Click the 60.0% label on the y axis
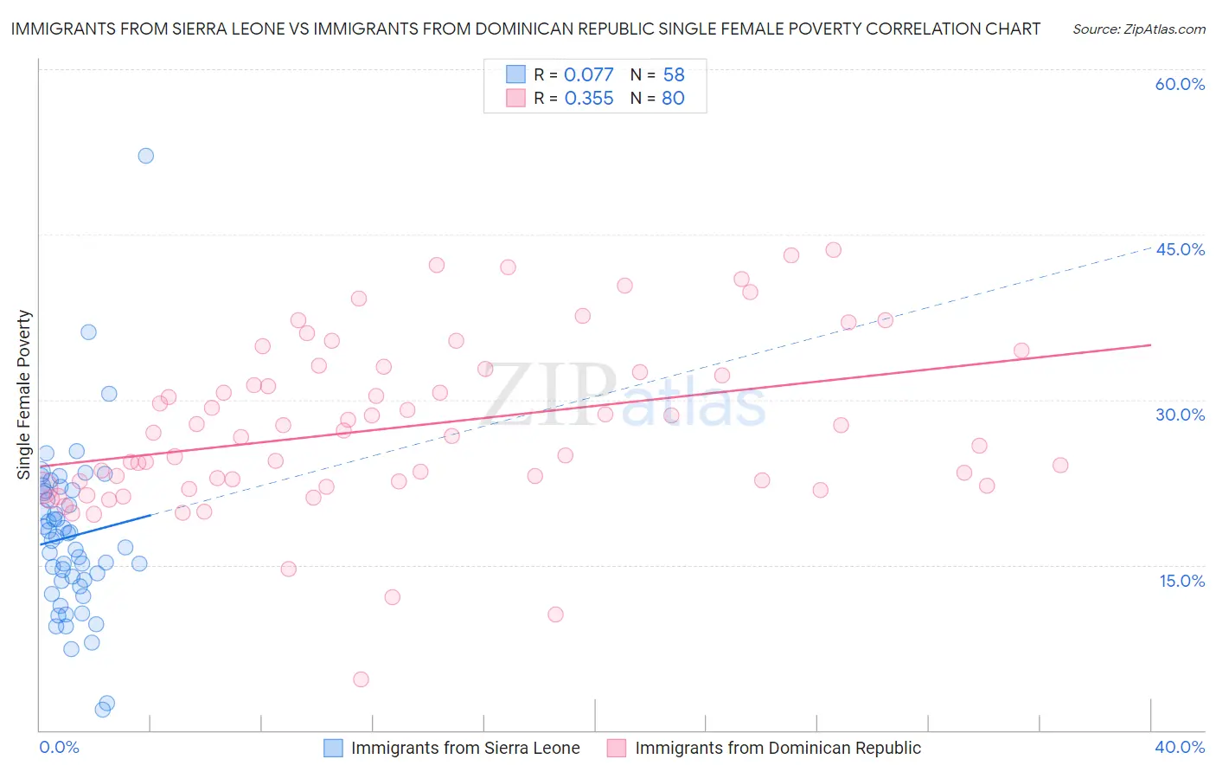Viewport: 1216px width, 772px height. tap(1180, 84)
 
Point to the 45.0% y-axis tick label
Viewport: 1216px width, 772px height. tap(1180, 249)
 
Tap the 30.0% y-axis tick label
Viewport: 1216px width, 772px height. tap(1180, 415)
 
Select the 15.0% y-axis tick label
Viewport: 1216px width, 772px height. tap(1181, 581)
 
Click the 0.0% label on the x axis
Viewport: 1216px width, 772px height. tap(59, 747)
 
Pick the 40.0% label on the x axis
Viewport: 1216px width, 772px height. tap(1179, 747)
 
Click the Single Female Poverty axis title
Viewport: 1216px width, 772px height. tap(24, 395)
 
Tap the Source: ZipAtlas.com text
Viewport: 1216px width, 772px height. tap(1138, 29)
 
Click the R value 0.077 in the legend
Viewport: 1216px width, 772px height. tap(588, 75)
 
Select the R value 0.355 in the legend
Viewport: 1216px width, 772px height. tap(588, 99)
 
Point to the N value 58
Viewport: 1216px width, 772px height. tap(674, 75)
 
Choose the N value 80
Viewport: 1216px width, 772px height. tap(673, 99)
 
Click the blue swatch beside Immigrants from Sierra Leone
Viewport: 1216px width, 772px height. tap(334, 748)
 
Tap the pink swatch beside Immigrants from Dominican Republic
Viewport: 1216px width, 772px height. tap(617, 748)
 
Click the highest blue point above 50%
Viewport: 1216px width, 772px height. tap(146, 156)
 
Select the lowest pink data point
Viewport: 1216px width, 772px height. tap(362, 679)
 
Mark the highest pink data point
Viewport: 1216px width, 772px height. tap(834, 250)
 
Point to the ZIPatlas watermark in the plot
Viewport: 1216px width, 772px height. tap(624, 396)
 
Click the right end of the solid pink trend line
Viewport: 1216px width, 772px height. tap(1150, 344)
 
